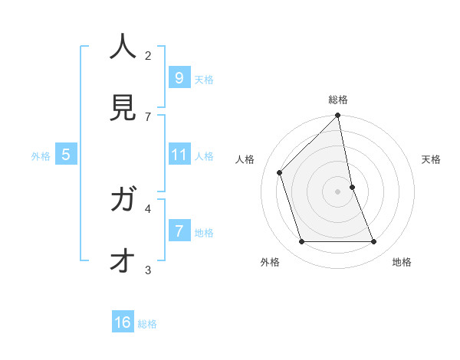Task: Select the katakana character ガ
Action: pyautogui.click(x=123, y=201)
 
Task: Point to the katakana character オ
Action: pyautogui.click(x=123, y=261)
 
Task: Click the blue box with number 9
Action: pyautogui.click(x=179, y=77)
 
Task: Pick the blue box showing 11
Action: pyautogui.click(x=179, y=155)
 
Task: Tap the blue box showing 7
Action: pyautogui.click(x=179, y=231)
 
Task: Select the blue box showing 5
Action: pyautogui.click(x=66, y=155)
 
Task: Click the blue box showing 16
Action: pyautogui.click(x=123, y=322)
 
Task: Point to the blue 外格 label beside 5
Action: pyautogui.click(x=40, y=156)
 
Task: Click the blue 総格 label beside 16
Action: pyautogui.click(x=147, y=324)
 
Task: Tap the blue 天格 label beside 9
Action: pyautogui.click(x=204, y=79)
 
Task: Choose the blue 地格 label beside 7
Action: pyautogui.click(x=204, y=232)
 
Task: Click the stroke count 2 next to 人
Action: pyautogui.click(x=148, y=55)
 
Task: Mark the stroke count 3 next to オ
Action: pyautogui.click(x=148, y=270)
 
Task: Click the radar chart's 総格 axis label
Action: pyautogui.click(x=338, y=100)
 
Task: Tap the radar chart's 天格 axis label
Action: pyautogui.click(x=432, y=159)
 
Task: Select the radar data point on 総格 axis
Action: pyautogui.click(x=338, y=116)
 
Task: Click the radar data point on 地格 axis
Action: pyautogui.click(x=374, y=242)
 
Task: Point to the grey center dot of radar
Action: pyautogui.click(x=338, y=191)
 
